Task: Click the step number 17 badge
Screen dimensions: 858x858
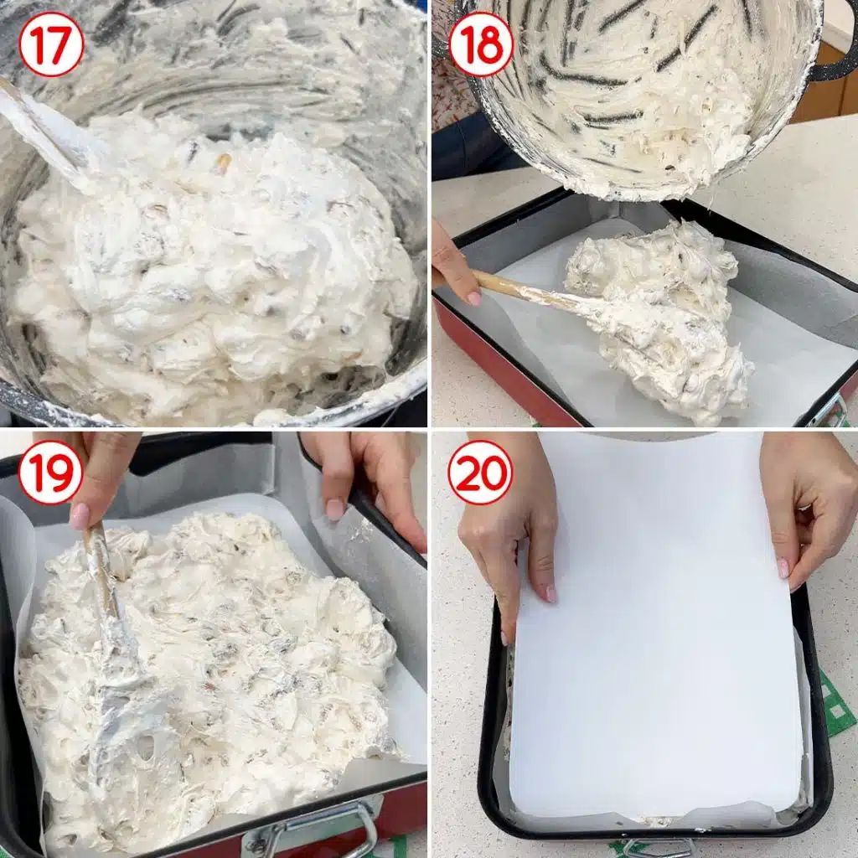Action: [x=50, y=44]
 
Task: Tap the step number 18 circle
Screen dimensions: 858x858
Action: [x=480, y=44]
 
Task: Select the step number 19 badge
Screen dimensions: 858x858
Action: [x=50, y=473]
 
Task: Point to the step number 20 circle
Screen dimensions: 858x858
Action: [x=480, y=473]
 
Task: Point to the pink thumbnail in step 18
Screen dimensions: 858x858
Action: [x=474, y=299]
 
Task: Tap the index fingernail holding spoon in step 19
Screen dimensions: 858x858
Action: [x=80, y=516]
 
